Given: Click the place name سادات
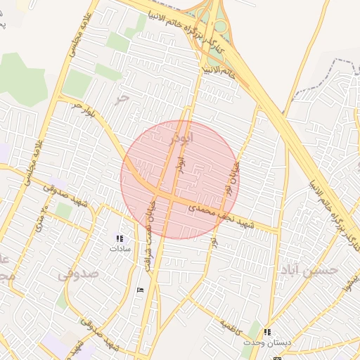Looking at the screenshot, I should click(x=120, y=249).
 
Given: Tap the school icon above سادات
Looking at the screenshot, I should click(x=120, y=239).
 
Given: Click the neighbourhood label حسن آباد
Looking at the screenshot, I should click(x=309, y=269).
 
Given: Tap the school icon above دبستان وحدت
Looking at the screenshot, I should click(x=267, y=332).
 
